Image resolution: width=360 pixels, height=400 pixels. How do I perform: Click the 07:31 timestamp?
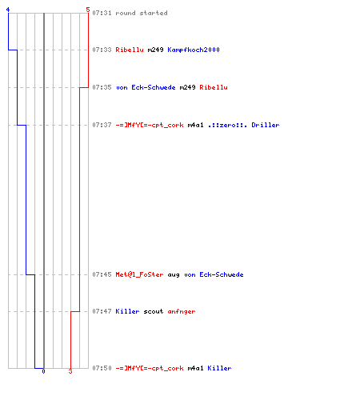[102, 13]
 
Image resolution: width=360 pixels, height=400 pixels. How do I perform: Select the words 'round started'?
[142, 13]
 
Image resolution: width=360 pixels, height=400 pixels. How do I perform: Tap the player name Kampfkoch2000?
[194, 50]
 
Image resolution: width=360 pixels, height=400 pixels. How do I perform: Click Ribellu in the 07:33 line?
[130, 50]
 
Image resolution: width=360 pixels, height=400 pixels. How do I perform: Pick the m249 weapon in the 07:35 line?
[187, 87]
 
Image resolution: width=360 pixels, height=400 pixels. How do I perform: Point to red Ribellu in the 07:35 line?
[214, 87]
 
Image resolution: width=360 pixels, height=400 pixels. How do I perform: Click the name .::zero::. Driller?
[243, 125]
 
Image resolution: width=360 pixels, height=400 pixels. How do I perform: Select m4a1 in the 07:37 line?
[195, 125]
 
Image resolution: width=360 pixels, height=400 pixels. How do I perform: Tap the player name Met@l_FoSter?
[139, 274]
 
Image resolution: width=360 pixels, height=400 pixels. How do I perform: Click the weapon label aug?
[174, 275]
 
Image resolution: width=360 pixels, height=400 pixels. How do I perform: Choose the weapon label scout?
[154, 311]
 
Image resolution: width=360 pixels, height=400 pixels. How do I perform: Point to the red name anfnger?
[182, 311]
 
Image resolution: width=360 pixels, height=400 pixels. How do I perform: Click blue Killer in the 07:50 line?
[219, 368]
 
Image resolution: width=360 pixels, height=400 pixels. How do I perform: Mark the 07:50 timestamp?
[102, 368]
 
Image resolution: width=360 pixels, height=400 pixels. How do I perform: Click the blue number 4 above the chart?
[8, 10]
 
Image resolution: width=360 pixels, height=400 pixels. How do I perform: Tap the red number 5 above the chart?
[88, 10]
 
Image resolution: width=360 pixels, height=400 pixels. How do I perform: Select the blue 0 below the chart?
[43, 371]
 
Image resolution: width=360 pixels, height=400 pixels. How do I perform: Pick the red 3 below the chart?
[70, 371]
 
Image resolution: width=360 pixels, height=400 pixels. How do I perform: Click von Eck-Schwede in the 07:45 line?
[214, 274]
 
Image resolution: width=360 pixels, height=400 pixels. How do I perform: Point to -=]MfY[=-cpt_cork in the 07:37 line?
[150, 125]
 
